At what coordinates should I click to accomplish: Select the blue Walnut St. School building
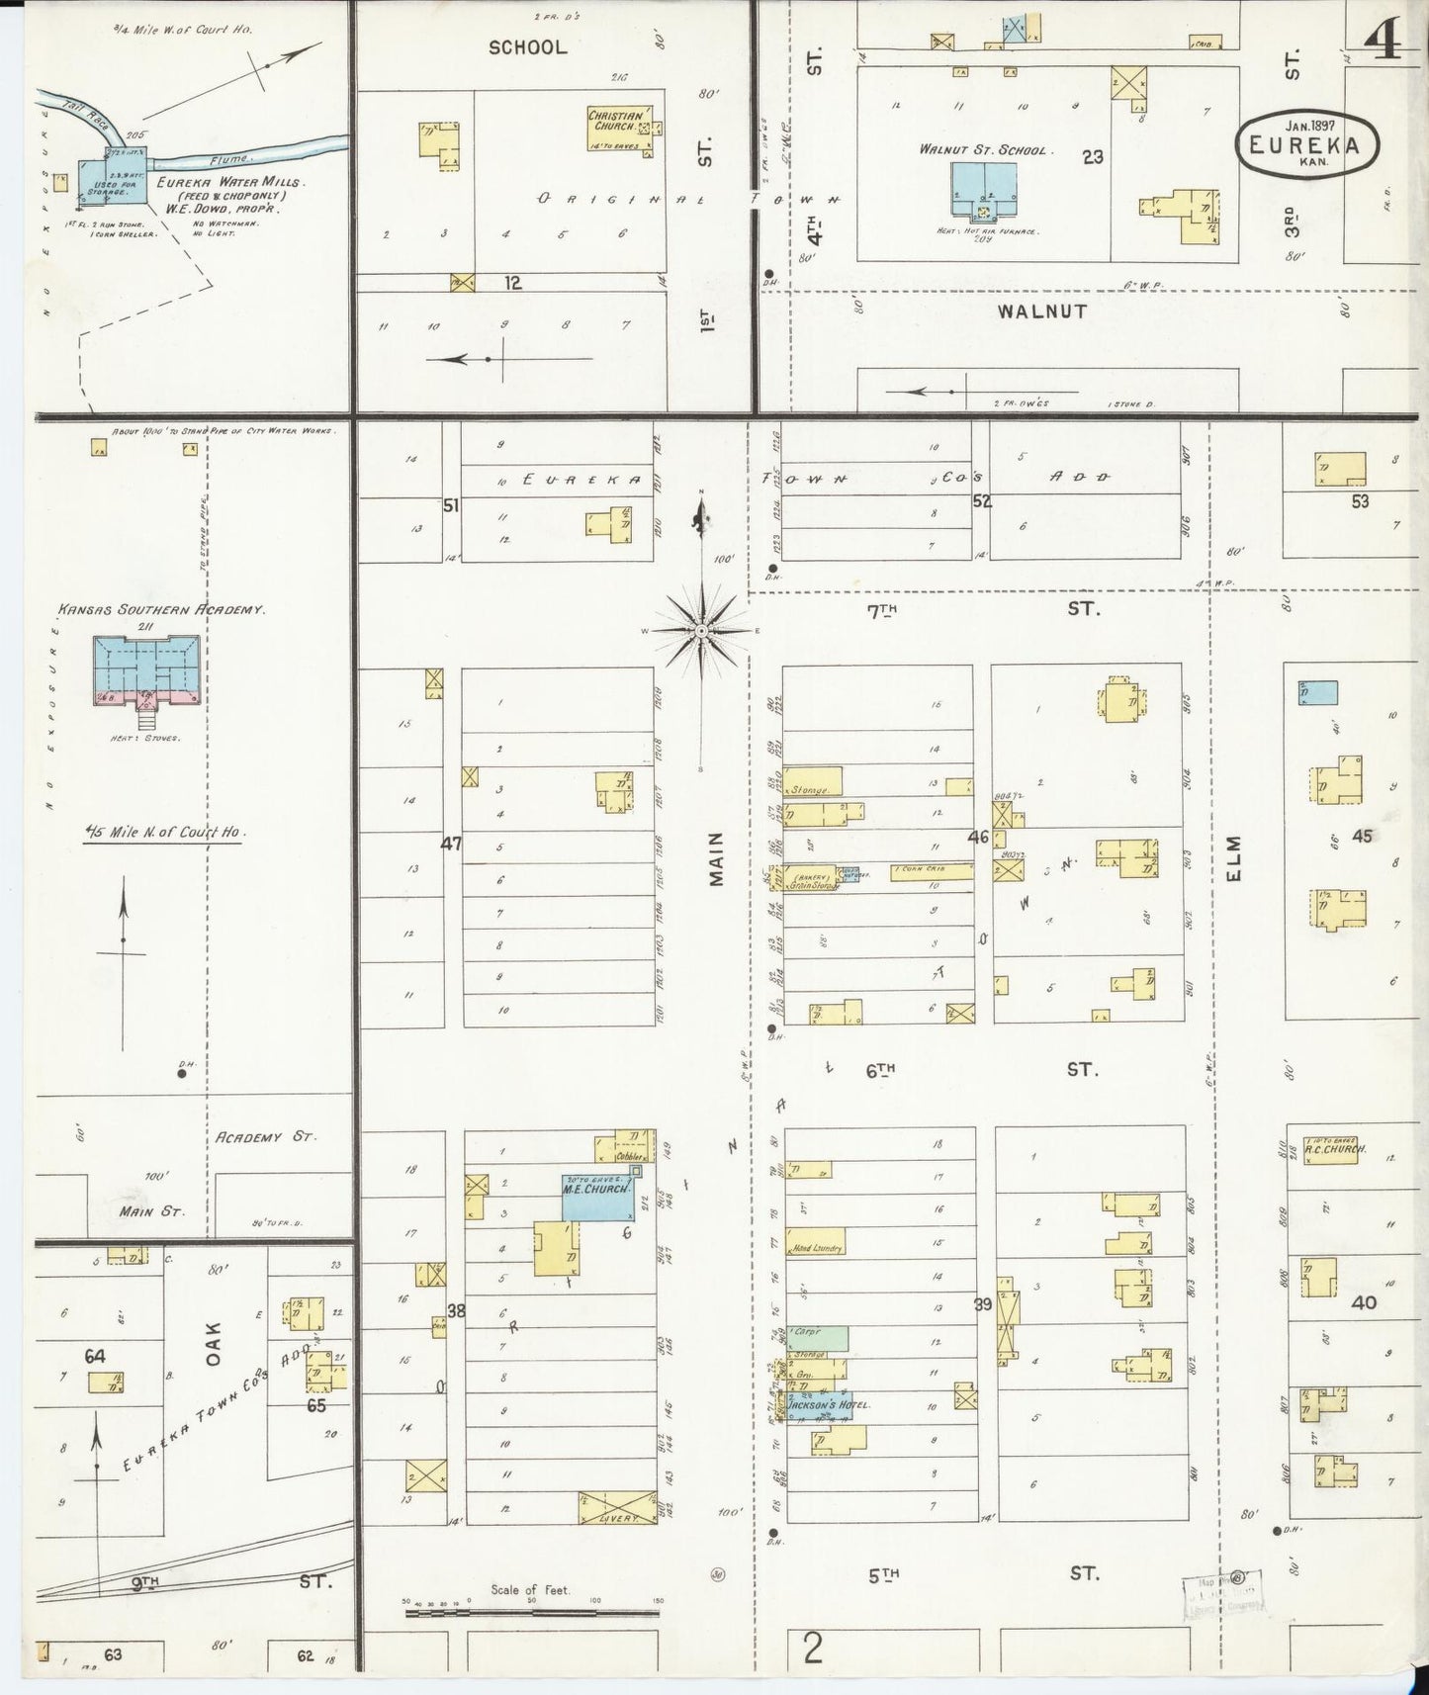click(x=983, y=189)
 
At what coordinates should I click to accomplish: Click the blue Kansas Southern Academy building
click(x=146, y=669)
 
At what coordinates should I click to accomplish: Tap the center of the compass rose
click(x=701, y=630)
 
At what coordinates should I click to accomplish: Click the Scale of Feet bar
click(x=531, y=1612)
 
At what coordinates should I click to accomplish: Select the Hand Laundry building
click(x=816, y=1247)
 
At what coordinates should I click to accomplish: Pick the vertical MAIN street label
click(x=717, y=858)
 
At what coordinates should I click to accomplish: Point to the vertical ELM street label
click(x=1232, y=857)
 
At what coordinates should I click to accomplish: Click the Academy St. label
click(x=265, y=1137)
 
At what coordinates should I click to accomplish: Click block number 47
click(x=451, y=844)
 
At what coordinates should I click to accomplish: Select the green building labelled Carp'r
click(x=817, y=1338)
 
